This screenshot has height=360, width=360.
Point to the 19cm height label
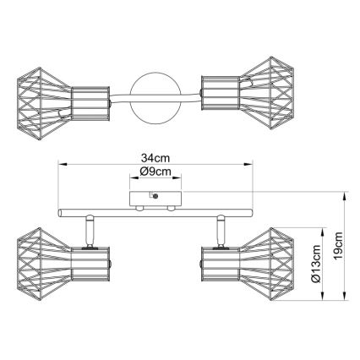coord(338,251)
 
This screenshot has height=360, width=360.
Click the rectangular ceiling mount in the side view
coord(153,199)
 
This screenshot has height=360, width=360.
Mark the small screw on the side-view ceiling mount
coord(157,195)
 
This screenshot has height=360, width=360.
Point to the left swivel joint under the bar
coord(88,228)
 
